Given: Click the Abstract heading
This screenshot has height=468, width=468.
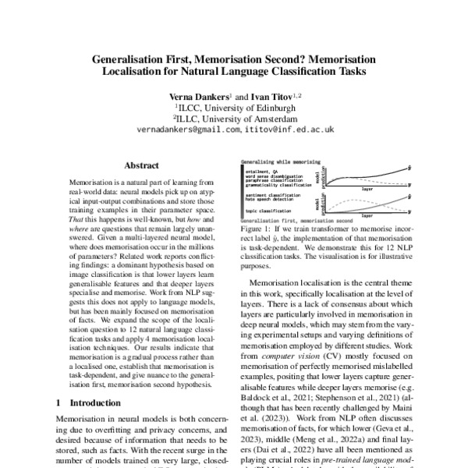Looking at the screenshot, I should (143, 165).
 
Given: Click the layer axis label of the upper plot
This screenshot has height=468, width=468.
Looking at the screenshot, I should (366, 188).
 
